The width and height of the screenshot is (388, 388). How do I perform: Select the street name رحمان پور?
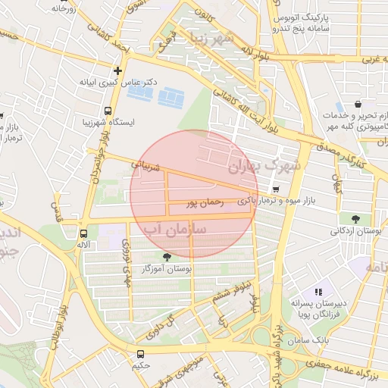coord(205,203)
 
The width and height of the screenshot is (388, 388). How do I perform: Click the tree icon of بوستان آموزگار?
coord(167,258)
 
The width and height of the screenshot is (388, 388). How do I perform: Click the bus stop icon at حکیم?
coord(140,354)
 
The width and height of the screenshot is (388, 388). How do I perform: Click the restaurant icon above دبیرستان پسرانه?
coord(318,291)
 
